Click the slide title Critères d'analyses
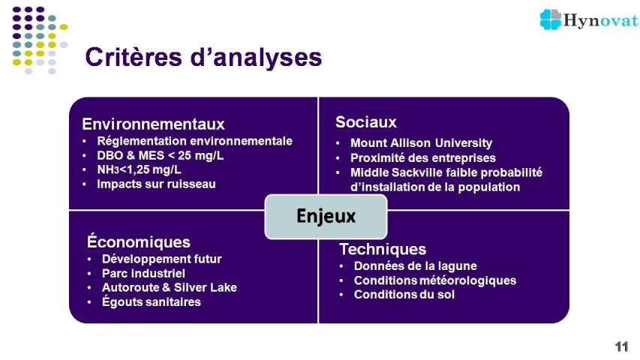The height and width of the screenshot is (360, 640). tap(203, 57)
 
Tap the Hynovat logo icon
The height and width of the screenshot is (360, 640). tap(551, 19)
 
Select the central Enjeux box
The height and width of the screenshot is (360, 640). tap(326, 216)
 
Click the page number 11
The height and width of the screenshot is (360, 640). tap(621, 346)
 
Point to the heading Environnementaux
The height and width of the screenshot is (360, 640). tap(153, 124)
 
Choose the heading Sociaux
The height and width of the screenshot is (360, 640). tap(366, 122)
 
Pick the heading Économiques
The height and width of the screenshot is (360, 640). tap(138, 241)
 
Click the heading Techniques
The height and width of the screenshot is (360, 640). tap(383, 249)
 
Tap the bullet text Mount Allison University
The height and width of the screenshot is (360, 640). tap(421, 143)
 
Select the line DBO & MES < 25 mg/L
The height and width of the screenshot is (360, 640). tap(160, 155)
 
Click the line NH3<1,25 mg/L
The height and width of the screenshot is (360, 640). tap(139, 169)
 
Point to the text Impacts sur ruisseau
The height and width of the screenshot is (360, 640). tap(156, 184)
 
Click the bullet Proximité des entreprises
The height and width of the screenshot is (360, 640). tap(423, 158)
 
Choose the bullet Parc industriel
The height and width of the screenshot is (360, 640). tap(143, 274)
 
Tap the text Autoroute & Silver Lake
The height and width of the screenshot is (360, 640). tap(170, 287)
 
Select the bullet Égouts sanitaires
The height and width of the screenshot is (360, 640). tap(151, 301)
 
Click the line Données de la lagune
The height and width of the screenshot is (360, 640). tap(415, 266)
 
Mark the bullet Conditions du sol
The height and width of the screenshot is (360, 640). tap(404, 294)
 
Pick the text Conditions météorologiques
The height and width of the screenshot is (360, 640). tap(434, 280)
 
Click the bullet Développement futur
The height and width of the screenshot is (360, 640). tap(161, 259)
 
